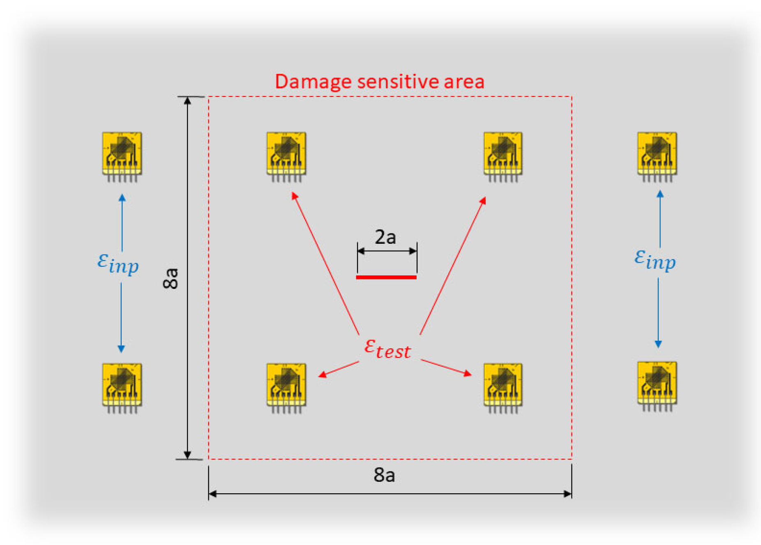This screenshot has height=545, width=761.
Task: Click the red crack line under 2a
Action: pyautogui.click(x=386, y=277)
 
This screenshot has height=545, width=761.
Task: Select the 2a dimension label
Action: pyautogui.click(x=385, y=237)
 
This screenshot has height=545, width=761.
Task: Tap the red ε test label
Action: pyautogui.click(x=387, y=349)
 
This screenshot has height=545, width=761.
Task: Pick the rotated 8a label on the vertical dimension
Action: pyautogui.click(x=171, y=279)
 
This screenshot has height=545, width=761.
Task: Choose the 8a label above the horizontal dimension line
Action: pyautogui.click(x=384, y=475)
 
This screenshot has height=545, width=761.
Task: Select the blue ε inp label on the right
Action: pyautogui.click(x=655, y=260)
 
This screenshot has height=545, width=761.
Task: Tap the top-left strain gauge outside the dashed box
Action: pyautogui.click(x=122, y=156)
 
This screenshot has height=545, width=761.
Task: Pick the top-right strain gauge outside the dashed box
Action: pyautogui.click(x=657, y=156)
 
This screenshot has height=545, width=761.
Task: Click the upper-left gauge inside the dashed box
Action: pyautogui.click(x=286, y=156)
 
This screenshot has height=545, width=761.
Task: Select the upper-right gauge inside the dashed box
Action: pyautogui.click(x=503, y=156)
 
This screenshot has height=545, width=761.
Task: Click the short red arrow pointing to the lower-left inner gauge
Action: pyautogui.click(x=339, y=369)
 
